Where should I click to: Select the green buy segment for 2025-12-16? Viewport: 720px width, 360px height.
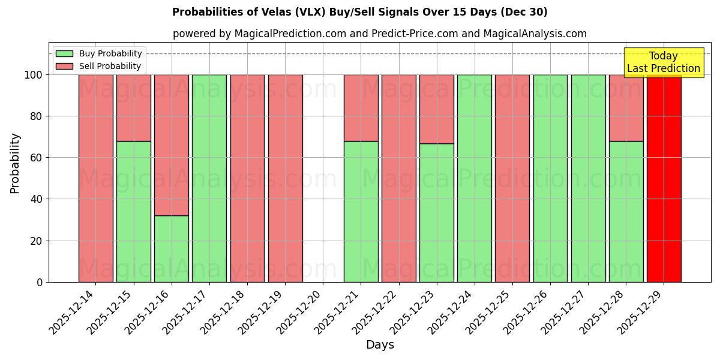[171, 248]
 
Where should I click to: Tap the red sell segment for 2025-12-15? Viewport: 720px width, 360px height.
[133, 107]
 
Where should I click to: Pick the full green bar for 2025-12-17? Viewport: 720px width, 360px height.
[209, 178]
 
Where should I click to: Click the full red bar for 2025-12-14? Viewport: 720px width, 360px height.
[95, 178]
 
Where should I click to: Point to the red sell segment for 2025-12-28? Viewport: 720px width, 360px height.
[626, 107]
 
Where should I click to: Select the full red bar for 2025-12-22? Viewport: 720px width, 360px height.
[398, 178]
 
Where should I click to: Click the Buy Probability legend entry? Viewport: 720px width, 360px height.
[98, 53]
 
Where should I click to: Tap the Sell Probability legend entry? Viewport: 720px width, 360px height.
[98, 66]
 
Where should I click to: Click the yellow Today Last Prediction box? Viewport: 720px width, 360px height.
[663, 62]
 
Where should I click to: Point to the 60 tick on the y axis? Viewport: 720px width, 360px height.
[39, 158]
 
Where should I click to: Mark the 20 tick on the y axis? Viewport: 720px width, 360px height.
[39, 241]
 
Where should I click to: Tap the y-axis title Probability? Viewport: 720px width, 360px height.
[15, 163]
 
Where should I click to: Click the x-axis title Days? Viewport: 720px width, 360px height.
[380, 345]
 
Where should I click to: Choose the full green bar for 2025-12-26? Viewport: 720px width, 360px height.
[550, 178]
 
